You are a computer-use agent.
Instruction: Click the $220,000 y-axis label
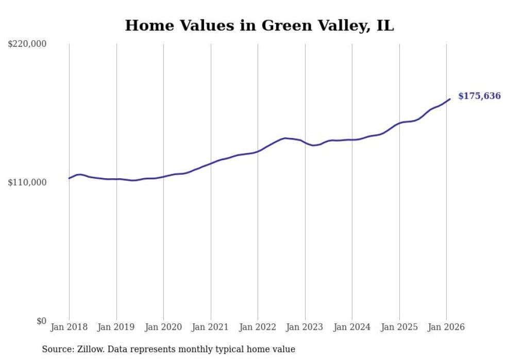tap(27, 44)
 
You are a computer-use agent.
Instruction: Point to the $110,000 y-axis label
tap(27, 182)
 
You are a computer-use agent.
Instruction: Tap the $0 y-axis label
tap(41, 321)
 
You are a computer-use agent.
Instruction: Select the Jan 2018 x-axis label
tap(69, 327)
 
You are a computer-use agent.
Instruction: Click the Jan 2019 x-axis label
tap(116, 327)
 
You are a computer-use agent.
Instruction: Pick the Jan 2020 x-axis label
tap(163, 327)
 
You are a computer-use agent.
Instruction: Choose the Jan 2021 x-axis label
tap(211, 327)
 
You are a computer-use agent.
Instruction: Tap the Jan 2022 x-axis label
tap(258, 327)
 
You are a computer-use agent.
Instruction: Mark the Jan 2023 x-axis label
tap(305, 327)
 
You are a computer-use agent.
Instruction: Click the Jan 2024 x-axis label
tap(352, 327)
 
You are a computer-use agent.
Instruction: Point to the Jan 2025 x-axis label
tap(399, 327)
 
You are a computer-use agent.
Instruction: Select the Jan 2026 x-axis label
tap(446, 327)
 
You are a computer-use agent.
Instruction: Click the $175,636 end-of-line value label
tap(479, 96)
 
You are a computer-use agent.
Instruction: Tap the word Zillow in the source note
tap(88, 349)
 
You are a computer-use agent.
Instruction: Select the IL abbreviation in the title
tap(385, 25)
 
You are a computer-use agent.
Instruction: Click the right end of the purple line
tap(450, 99)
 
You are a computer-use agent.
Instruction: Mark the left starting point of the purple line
tap(69, 178)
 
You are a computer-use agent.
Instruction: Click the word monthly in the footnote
tap(194, 350)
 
